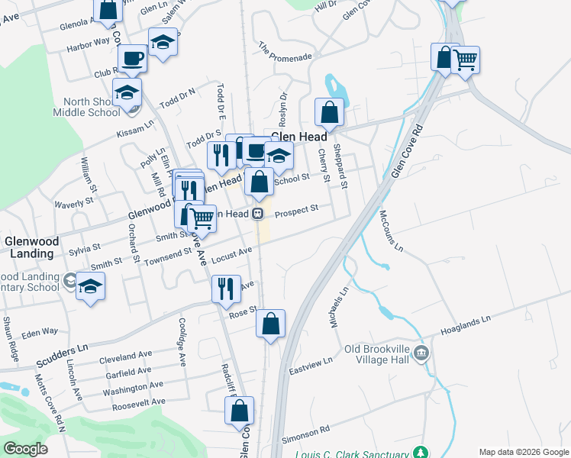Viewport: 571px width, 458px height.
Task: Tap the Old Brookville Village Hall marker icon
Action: click(422, 353)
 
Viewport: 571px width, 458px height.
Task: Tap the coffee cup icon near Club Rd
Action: click(132, 58)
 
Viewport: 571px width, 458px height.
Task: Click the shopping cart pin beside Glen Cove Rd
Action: click(465, 60)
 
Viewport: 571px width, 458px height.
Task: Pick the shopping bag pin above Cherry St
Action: click(330, 111)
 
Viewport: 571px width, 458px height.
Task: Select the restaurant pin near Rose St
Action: click(226, 289)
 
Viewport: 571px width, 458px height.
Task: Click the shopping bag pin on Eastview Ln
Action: click(271, 323)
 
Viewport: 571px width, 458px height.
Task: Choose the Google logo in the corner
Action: click(25, 449)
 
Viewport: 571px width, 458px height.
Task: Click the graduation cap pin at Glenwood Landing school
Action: click(91, 286)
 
